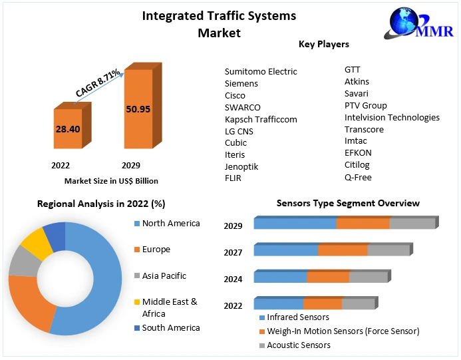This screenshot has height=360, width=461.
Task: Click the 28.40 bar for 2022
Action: (68, 128)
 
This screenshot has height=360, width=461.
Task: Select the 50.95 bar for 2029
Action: (138, 109)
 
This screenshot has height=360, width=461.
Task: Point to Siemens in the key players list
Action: (241, 84)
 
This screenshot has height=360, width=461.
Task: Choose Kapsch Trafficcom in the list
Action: (261, 119)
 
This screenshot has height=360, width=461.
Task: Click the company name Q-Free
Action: (358, 177)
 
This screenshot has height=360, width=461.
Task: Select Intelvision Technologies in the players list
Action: (392, 117)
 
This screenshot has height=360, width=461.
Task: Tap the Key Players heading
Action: (324, 44)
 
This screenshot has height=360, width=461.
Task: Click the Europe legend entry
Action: (156, 250)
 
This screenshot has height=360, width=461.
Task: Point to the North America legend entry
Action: (171, 224)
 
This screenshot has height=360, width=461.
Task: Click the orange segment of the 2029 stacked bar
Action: (363, 224)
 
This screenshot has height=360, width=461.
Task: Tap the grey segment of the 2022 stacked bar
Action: (358, 304)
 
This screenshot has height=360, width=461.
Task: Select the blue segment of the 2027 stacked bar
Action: (286, 251)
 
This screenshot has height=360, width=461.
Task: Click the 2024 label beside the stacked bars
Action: (233, 279)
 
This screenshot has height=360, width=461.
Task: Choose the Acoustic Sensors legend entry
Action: (299, 345)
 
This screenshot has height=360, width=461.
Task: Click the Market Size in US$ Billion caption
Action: (111, 180)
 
